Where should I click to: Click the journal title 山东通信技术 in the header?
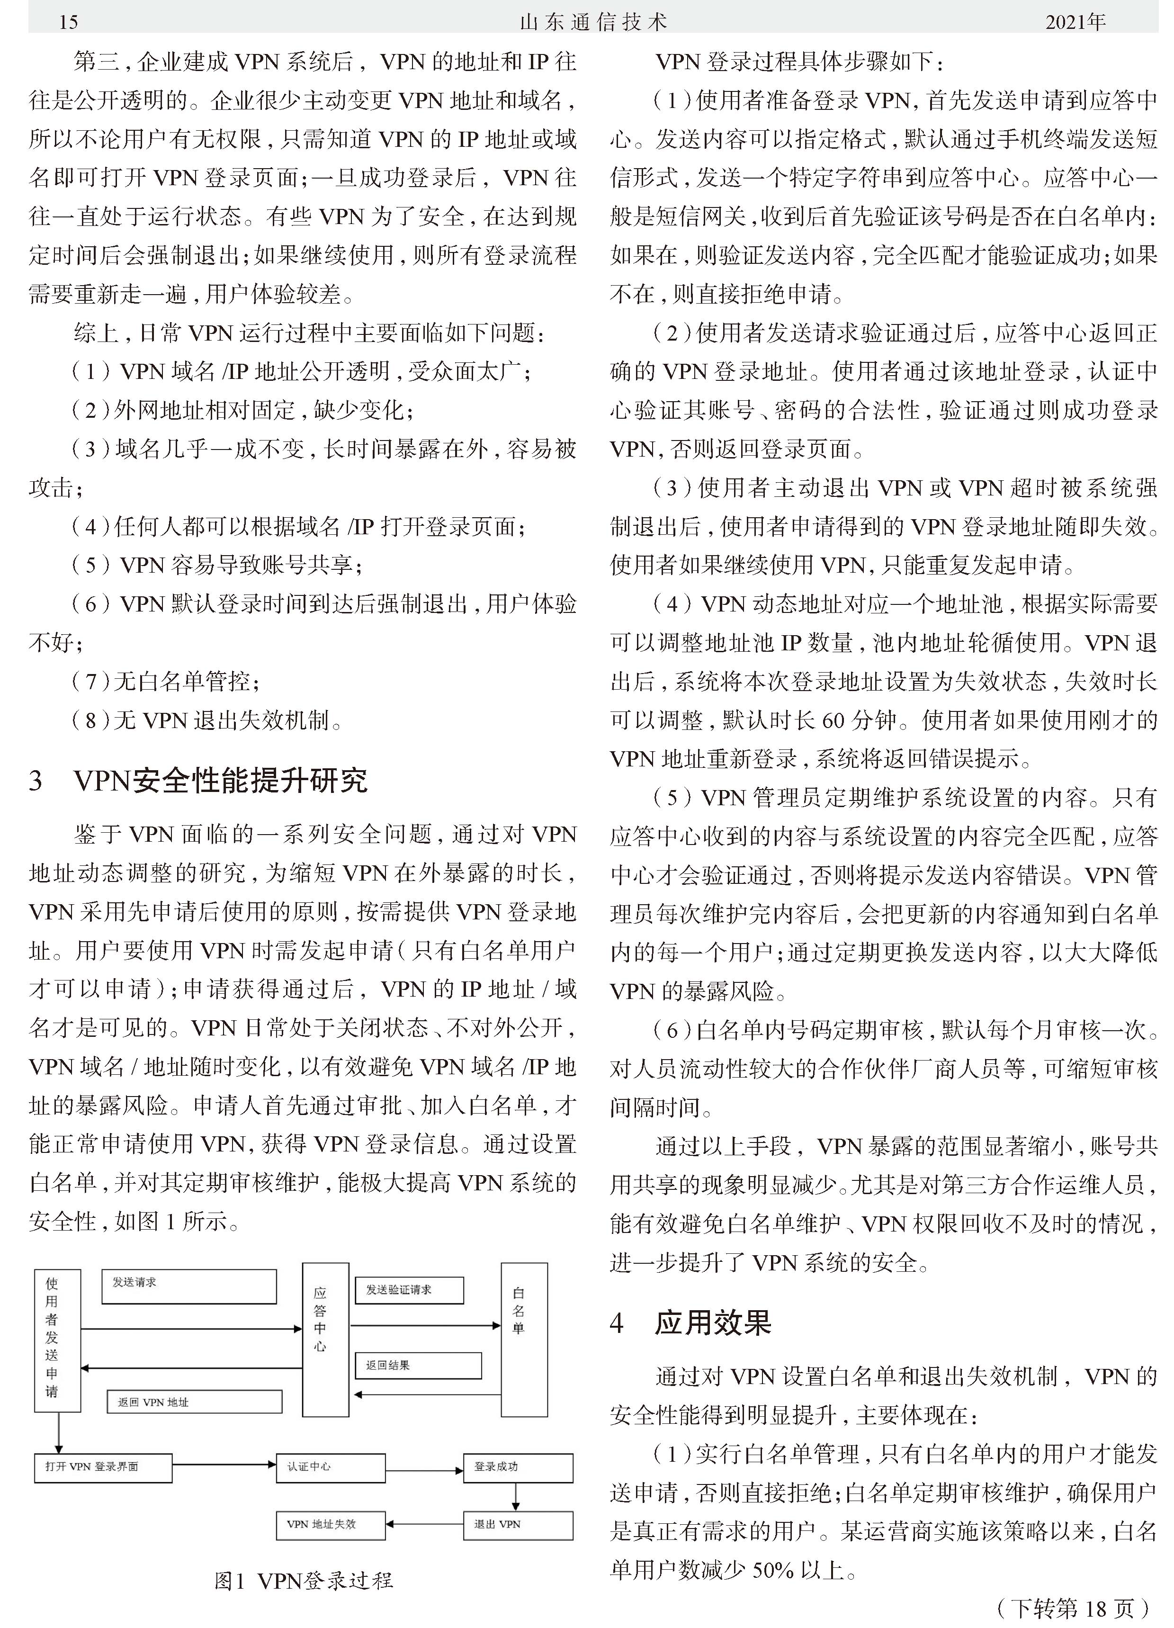(593, 22)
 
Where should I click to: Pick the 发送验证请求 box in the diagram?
(409, 1290)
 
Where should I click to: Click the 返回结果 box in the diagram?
(418, 1365)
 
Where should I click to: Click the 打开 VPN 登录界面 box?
(103, 1468)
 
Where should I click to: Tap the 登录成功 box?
(518, 1468)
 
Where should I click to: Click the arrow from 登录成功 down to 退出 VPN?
(515, 1497)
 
